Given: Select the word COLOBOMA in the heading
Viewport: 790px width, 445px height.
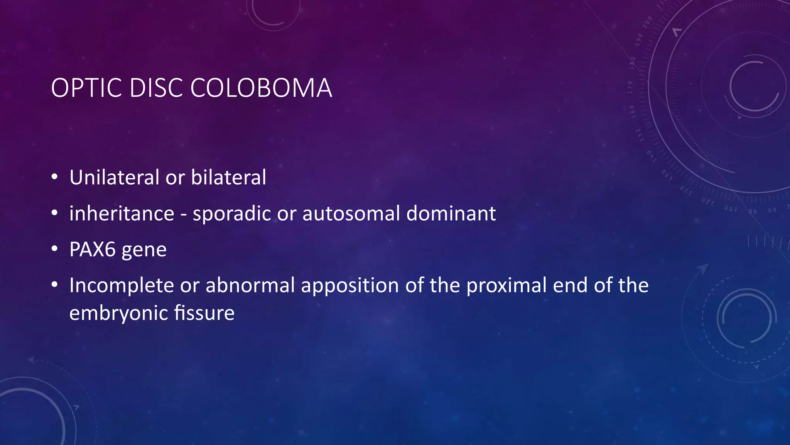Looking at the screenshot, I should point(261,88).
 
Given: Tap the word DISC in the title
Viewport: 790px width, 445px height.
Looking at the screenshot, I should point(156,88).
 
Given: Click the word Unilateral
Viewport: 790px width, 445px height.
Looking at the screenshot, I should point(114,177).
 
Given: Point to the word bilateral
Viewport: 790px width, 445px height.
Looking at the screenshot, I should point(228,177).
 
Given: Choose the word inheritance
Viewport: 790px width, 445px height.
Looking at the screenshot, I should point(122,214).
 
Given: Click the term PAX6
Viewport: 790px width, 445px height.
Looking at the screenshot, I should point(93,250).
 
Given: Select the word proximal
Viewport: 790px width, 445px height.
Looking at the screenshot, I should point(506,286).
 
